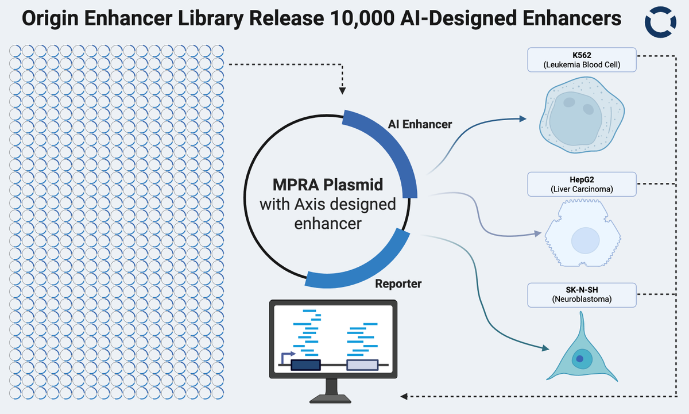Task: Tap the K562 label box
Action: pos(582,60)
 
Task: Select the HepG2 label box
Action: pos(582,184)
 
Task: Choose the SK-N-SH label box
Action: pos(582,295)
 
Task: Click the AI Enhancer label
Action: pos(420,124)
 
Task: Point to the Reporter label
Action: pos(398,283)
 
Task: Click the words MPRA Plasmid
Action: pos(328,185)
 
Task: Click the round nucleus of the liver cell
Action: pos(585,240)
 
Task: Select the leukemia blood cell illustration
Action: pos(582,114)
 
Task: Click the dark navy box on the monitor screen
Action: pos(305,365)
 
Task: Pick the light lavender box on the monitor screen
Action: pos(362,365)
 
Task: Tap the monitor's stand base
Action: pos(330,400)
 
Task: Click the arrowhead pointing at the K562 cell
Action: pos(522,118)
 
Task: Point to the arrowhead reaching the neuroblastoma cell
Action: pos(545,348)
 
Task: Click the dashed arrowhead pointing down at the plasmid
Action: pos(342,91)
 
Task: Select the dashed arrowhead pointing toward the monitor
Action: pos(404,396)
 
